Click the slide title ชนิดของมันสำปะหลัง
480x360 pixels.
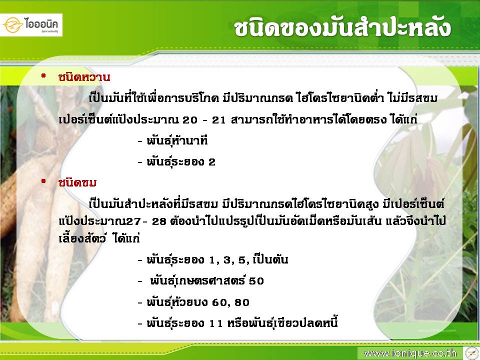[x=342, y=28]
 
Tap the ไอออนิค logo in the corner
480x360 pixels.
[x=31, y=25]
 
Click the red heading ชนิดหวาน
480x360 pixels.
[x=84, y=77]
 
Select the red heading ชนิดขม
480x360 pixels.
[x=77, y=183]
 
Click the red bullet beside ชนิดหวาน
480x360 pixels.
[x=43, y=75]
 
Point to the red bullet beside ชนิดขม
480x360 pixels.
[x=43, y=181]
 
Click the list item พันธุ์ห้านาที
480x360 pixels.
[x=173, y=140]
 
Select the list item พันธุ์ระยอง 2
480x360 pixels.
[x=176, y=161]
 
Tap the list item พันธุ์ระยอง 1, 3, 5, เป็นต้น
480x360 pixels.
[x=213, y=259]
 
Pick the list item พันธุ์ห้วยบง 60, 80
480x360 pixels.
[x=193, y=302]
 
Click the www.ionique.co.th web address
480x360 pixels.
[x=410, y=353]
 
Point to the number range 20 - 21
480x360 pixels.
[x=204, y=120]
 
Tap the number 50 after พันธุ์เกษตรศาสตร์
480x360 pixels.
[x=256, y=281]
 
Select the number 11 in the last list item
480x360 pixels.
[x=216, y=323]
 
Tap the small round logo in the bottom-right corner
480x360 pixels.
[x=471, y=353]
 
